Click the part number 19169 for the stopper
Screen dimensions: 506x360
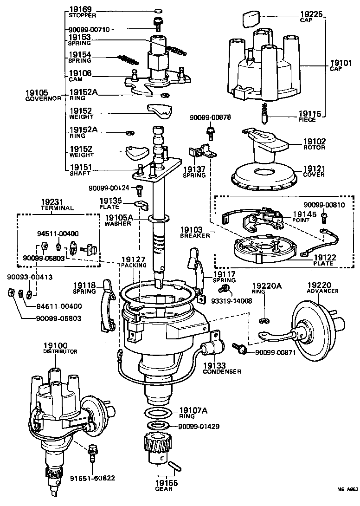tap(81, 9)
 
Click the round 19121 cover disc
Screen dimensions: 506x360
tap(262, 176)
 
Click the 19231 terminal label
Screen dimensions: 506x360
tap(52, 202)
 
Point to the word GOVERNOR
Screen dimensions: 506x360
tap(43, 98)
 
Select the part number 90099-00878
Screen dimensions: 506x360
tap(210, 118)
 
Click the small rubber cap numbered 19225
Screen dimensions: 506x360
tap(251, 20)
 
